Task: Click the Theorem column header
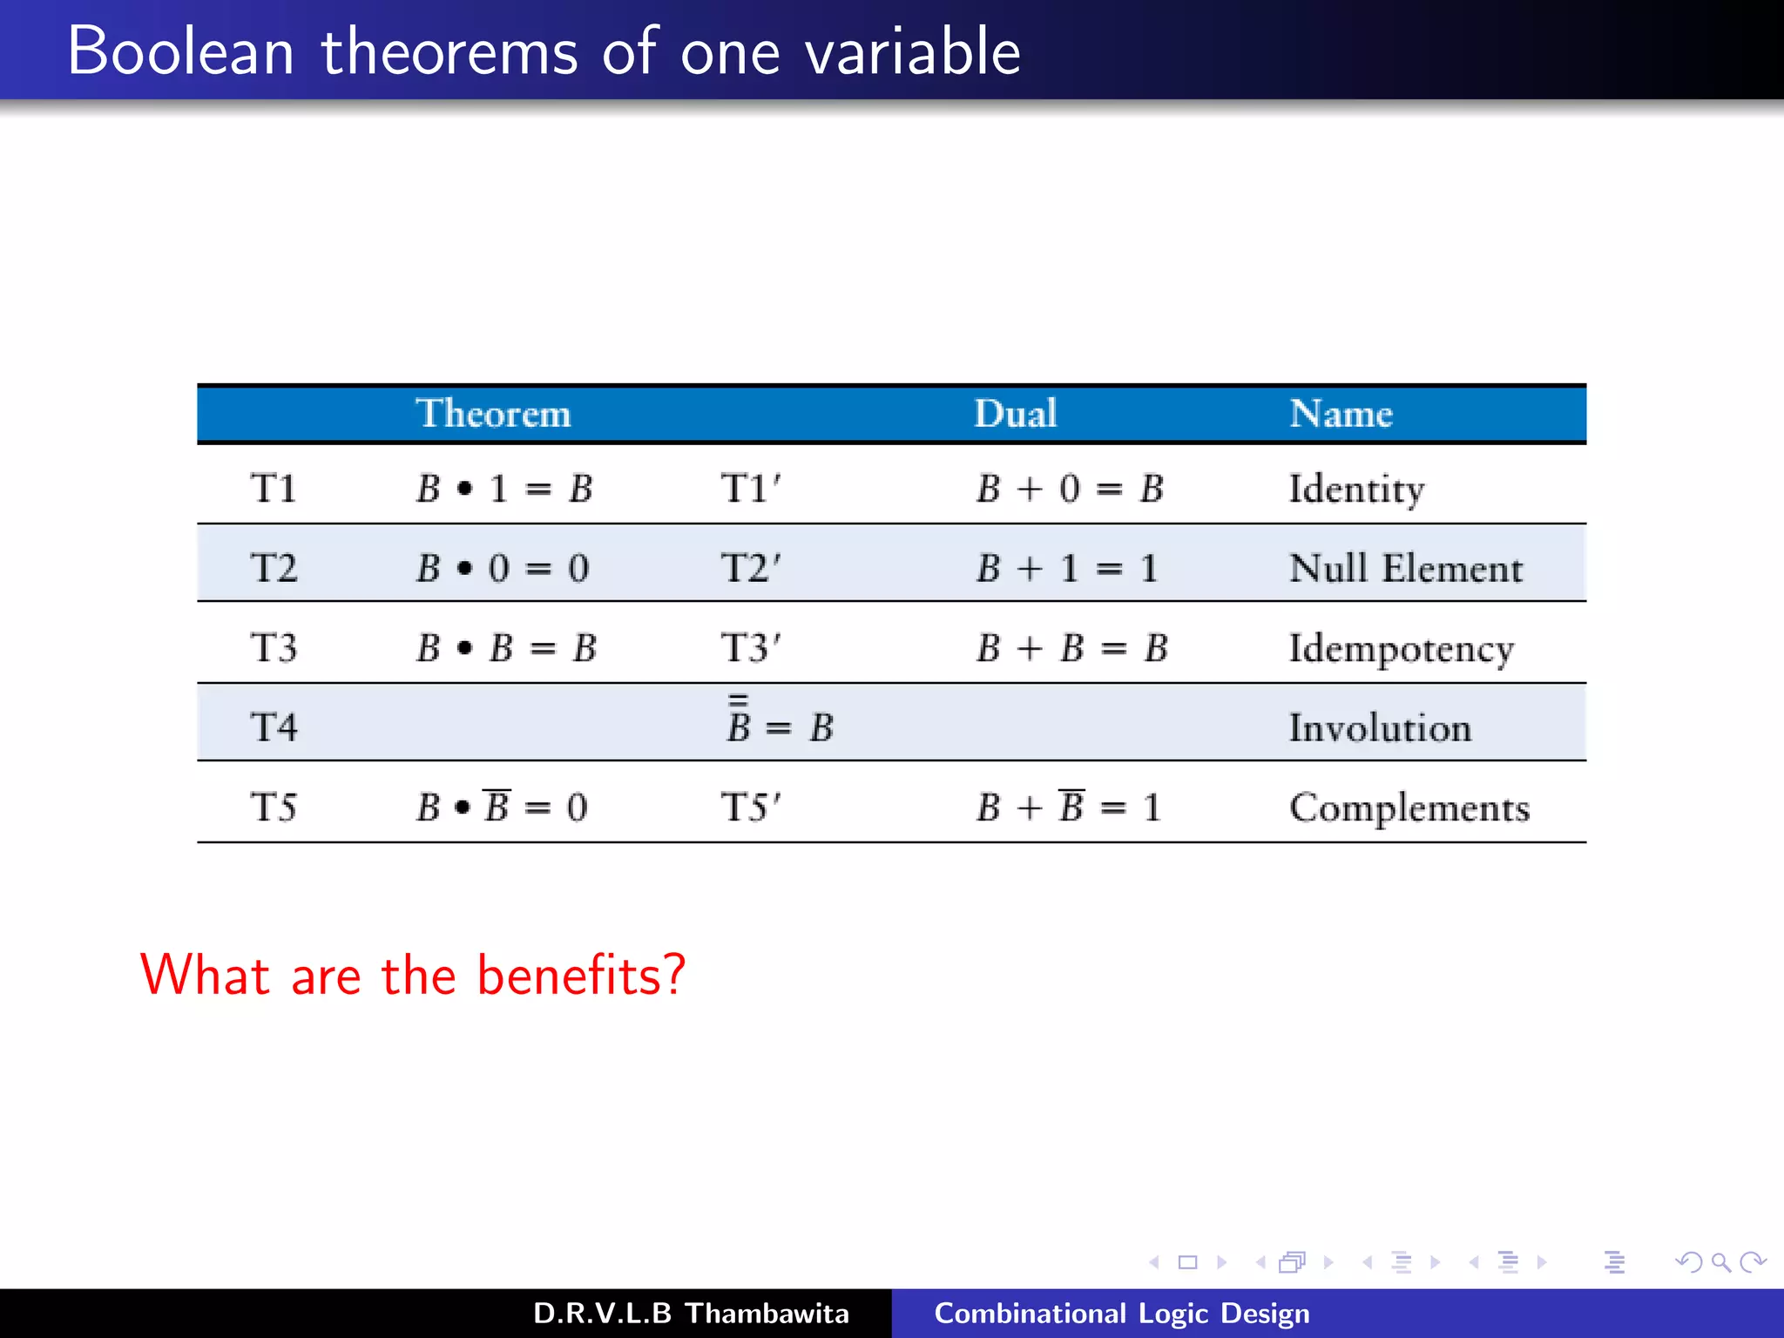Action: [493, 414]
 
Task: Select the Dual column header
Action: [1015, 414]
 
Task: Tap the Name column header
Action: [1341, 414]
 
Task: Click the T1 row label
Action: [274, 489]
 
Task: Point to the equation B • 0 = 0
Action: [503, 569]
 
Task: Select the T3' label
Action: [751, 648]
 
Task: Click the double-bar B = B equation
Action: [780, 725]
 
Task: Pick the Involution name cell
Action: [1380, 728]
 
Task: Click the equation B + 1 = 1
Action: [1067, 569]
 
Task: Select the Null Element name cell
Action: [1405, 569]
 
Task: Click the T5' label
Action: [751, 808]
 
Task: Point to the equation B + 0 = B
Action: [1069, 489]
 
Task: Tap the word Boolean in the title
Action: [181, 52]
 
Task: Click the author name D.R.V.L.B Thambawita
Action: [691, 1314]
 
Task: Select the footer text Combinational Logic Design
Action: [1121, 1314]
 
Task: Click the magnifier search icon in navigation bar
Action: [1720, 1262]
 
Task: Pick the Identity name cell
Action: [1356, 490]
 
